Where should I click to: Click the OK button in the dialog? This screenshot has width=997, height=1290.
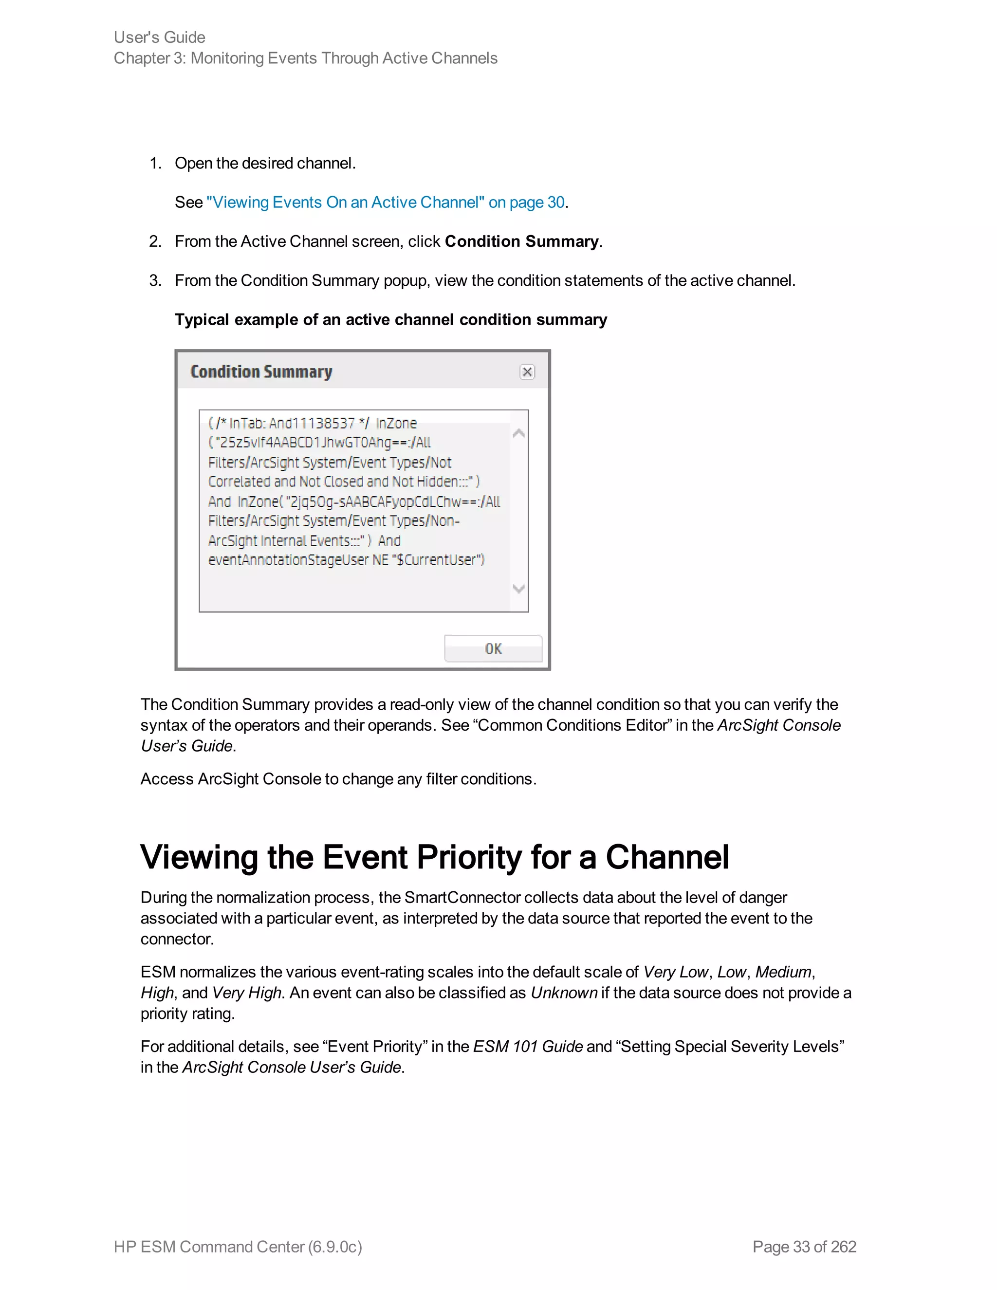point(493,648)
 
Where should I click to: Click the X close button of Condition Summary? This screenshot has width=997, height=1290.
point(527,371)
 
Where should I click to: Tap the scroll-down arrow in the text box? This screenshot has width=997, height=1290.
point(518,589)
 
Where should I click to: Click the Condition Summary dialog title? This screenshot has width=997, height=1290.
point(261,371)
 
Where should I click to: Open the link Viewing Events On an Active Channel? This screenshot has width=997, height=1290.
point(385,203)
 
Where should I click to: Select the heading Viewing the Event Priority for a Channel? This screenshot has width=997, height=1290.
point(434,857)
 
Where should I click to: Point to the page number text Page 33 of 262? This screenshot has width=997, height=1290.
point(804,1246)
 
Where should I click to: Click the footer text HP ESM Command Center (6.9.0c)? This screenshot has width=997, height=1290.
point(238,1246)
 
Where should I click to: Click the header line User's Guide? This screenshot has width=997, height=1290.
point(160,37)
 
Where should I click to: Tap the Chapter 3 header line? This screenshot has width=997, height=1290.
point(305,58)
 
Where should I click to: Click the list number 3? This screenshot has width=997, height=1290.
point(155,280)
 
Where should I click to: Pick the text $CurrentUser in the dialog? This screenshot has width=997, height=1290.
point(438,560)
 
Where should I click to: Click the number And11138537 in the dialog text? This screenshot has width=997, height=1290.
point(312,424)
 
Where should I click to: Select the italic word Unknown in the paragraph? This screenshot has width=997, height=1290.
point(564,993)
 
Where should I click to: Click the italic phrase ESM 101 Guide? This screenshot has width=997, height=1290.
point(528,1047)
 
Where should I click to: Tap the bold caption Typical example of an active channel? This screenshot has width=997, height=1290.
point(390,319)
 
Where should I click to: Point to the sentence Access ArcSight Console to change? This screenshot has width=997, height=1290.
point(338,779)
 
